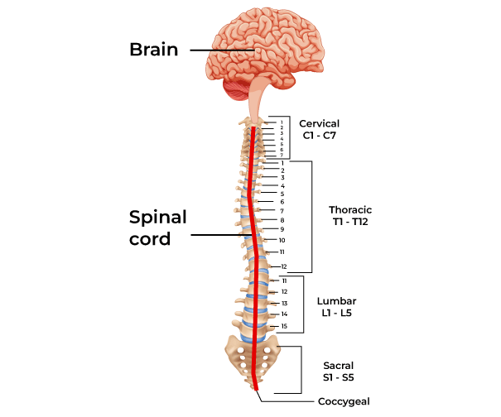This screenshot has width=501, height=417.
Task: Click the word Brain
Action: (x=153, y=49)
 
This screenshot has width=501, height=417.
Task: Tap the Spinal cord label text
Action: (x=157, y=228)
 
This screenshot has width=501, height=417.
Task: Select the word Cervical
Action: (x=319, y=123)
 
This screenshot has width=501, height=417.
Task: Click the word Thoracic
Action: (x=350, y=210)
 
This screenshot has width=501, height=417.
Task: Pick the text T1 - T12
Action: (x=350, y=223)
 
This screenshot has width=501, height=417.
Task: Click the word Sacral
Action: (x=339, y=365)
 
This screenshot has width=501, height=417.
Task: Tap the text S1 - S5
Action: (x=339, y=377)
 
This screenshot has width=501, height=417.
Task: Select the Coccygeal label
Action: (x=343, y=401)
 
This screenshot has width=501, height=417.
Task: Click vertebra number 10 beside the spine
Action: (x=282, y=240)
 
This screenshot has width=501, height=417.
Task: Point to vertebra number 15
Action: (x=284, y=327)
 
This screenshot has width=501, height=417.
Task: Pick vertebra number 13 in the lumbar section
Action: (x=284, y=304)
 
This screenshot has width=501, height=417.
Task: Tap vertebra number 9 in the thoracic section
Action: (x=282, y=229)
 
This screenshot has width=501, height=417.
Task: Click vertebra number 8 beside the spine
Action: (x=282, y=220)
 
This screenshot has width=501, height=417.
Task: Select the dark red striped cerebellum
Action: (x=235, y=86)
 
